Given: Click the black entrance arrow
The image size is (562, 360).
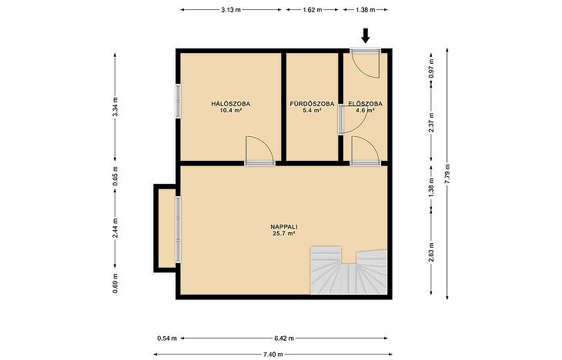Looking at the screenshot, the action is pos(365,35).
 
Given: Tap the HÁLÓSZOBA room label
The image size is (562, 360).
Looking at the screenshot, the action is pos(231,105).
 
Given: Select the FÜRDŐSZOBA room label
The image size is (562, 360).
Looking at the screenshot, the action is pos(312,105).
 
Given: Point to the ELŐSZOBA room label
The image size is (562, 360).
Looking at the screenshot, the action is pos(365,105).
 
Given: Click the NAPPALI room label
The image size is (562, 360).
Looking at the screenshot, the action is pos(284,227).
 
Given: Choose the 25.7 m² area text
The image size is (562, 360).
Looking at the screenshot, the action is pos(284,234).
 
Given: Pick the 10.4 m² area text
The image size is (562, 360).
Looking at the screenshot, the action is pos(231,111).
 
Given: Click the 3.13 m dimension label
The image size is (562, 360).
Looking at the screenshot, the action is pos(231,10).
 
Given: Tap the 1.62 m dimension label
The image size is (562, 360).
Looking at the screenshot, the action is pos(313,10).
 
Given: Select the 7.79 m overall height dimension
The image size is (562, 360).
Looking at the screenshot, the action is pos(447,174).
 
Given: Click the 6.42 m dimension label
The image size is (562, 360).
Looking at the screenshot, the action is pos(284,338).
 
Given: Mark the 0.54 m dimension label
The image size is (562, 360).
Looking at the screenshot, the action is pos(167,338).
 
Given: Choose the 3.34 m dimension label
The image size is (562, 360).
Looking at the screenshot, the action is pos(115,106).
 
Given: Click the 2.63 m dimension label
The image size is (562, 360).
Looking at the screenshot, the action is pos(432,252).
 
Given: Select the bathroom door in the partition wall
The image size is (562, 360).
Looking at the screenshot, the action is pos(341,121).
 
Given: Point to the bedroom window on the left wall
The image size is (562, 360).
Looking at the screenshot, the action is pos(178,101).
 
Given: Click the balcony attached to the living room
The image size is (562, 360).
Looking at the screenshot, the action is pos(165,228).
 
